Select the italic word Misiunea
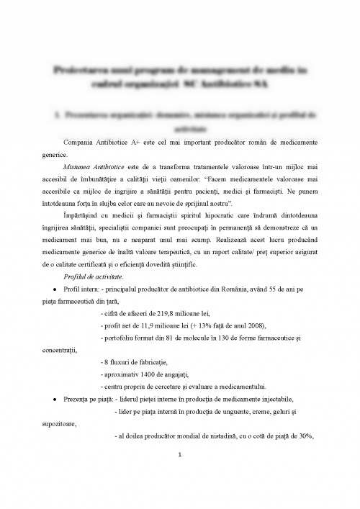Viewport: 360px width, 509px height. [x=77, y=166]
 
